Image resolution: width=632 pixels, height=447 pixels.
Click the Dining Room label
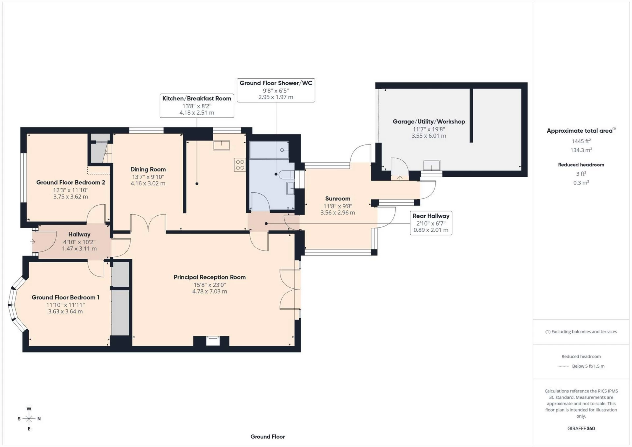(148, 170)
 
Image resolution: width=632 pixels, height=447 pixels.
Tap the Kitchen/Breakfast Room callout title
(197, 98)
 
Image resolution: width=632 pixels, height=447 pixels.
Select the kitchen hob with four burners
(240, 165)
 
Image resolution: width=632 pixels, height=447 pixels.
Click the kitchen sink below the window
(221, 145)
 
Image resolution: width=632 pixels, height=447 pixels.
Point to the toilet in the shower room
(286, 174)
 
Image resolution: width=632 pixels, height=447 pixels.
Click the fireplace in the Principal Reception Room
(213, 341)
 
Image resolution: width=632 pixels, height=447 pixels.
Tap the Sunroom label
(337, 198)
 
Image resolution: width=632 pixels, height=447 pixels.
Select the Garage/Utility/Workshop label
(429, 121)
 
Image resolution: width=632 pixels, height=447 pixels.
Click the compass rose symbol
(29, 419)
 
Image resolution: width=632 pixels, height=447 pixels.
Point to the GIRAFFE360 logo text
(581, 429)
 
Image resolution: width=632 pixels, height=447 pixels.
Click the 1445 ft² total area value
(581, 141)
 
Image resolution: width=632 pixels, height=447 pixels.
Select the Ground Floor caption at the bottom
(267, 437)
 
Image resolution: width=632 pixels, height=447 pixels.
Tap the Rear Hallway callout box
(431, 223)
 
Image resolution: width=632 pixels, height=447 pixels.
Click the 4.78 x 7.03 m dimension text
(210, 291)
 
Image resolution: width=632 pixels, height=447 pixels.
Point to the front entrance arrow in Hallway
(33, 242)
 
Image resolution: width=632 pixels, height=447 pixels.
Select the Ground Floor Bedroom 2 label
(70, 182)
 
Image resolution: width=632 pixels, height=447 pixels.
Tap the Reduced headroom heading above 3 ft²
(581, 165)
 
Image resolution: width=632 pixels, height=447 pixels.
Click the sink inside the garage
(431, 165)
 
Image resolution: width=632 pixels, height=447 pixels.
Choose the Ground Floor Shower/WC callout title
(276, 83)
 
